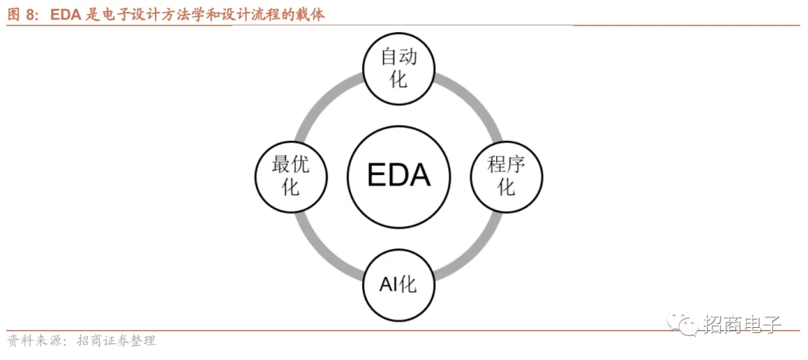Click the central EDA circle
point(400,177)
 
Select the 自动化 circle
point(399,67)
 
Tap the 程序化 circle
point(506,177)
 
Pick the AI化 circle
point(399,284)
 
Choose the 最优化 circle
point(291,177)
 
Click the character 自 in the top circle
point(390,57)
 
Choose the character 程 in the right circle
point(497,165)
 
